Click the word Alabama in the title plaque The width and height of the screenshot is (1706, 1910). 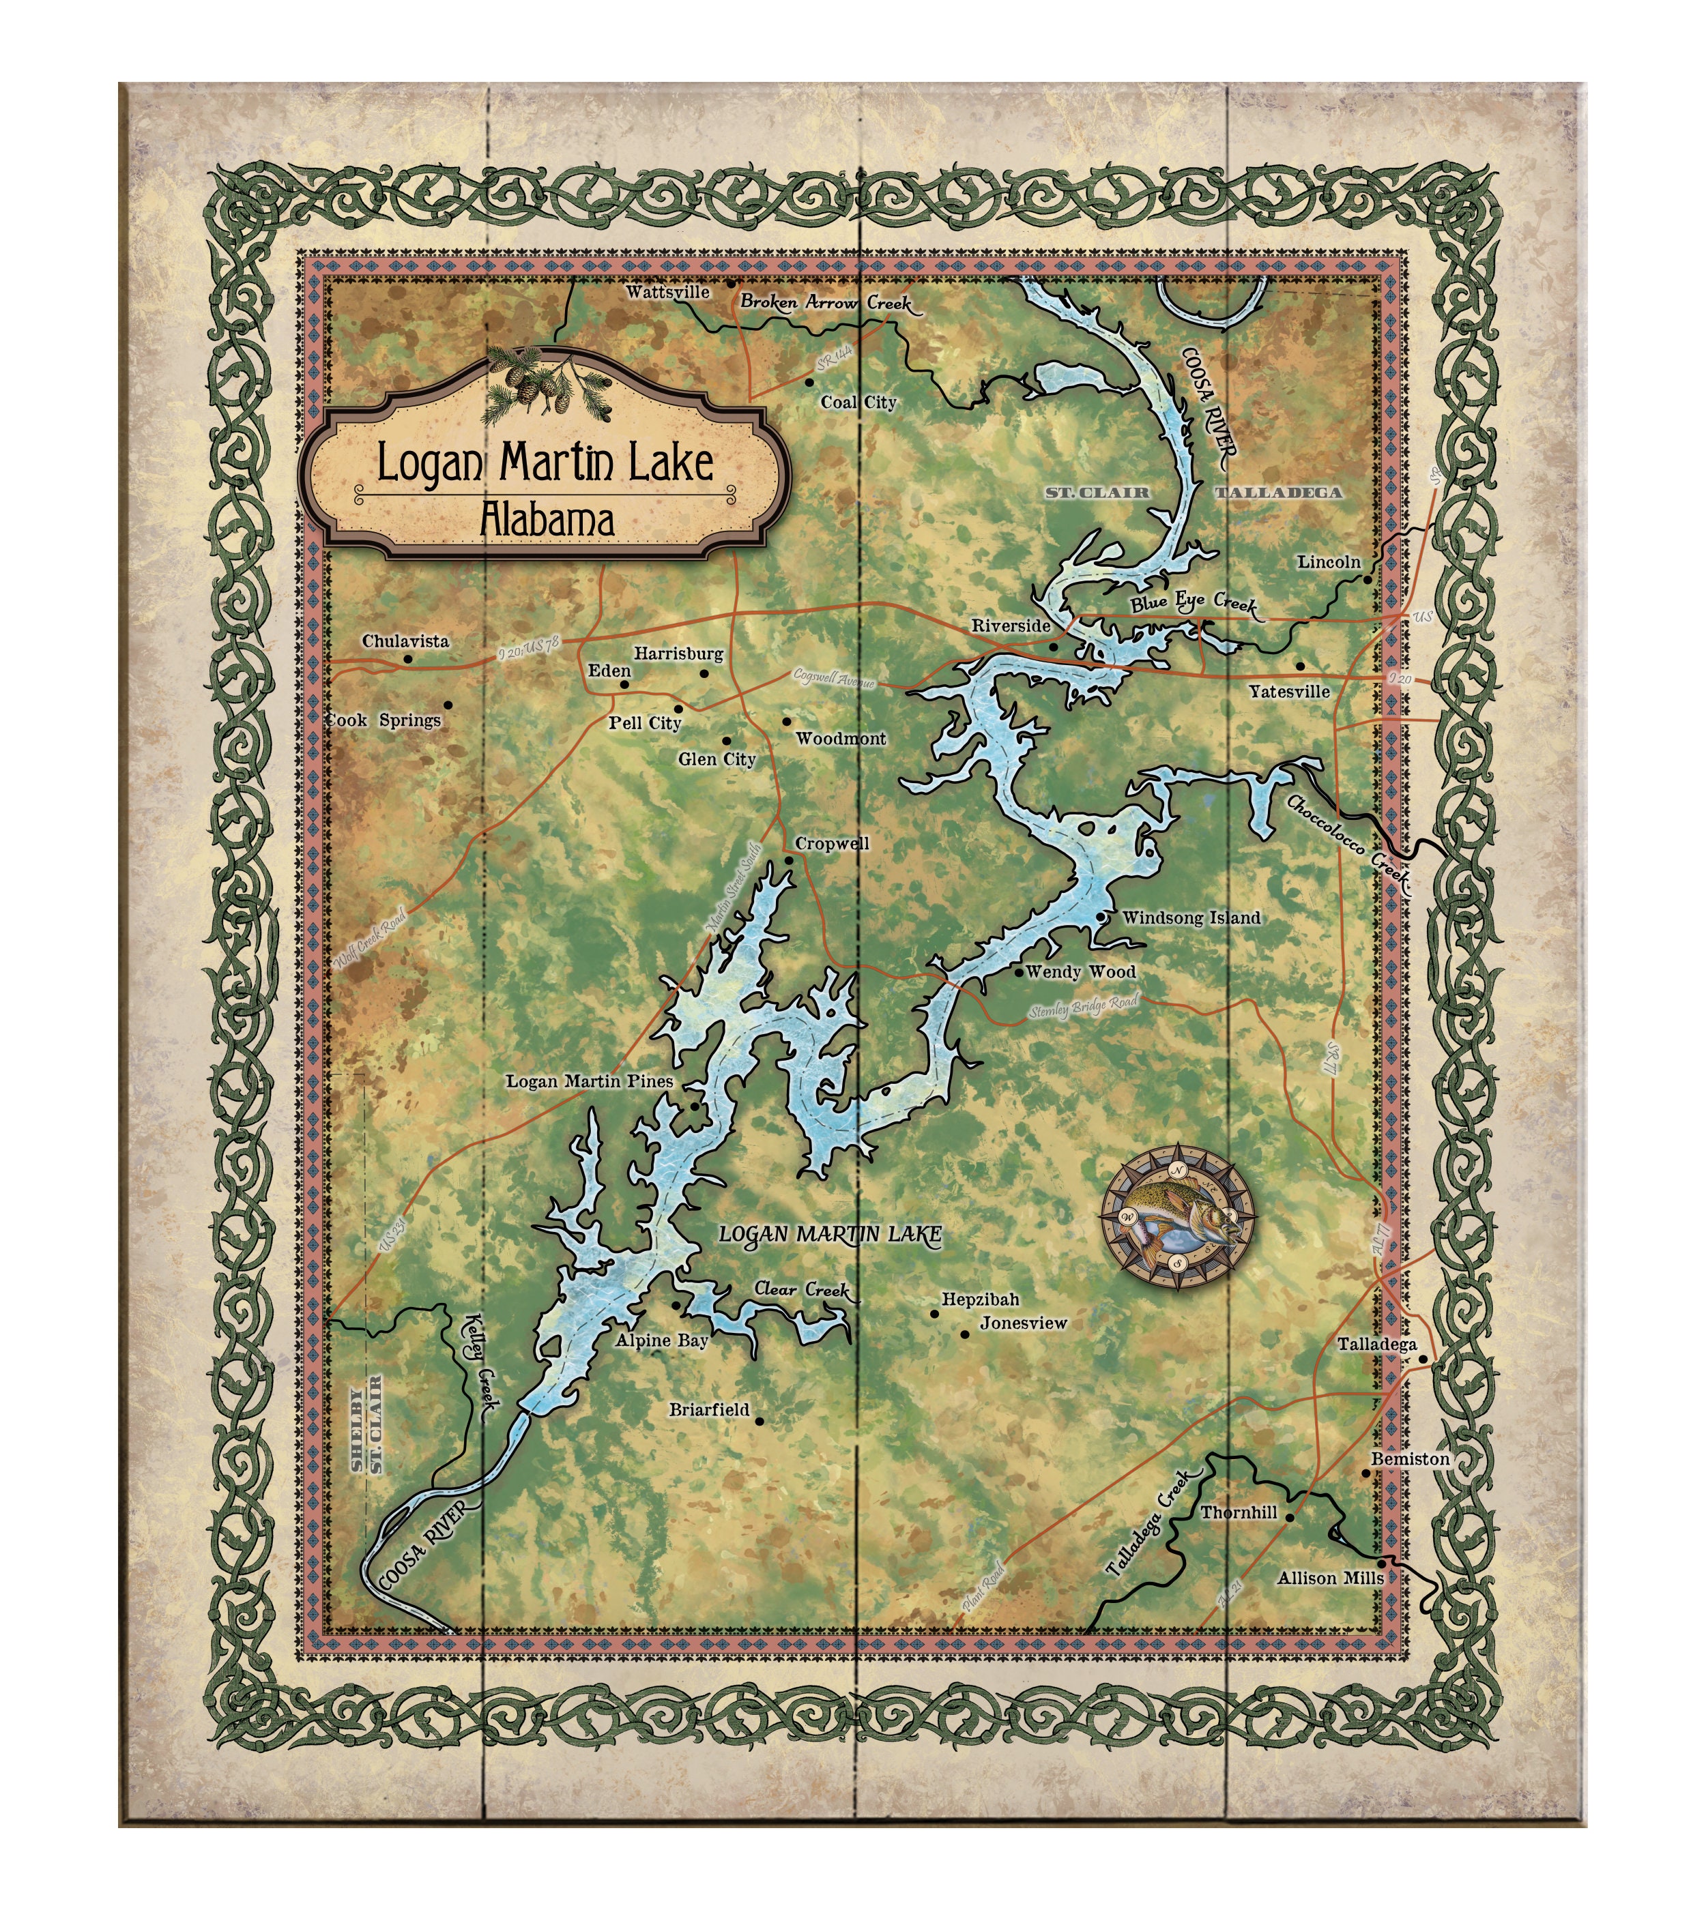pyautogui.click(x=547, y=520)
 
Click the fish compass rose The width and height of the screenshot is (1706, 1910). pyautogui.click(x=1179, y=1216)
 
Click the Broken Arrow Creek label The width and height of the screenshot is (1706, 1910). pyautogui.click(x=825, y=303)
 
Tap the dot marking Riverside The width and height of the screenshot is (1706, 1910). pyautogui.click(x=1053, y=647)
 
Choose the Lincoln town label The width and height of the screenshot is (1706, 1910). pyautogui.click(x=1328, y=562)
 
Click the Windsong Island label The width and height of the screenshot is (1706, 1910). pyautogui.click(x=1191, y=918)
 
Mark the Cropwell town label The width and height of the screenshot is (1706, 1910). pyautogui.click(x=831, y=844)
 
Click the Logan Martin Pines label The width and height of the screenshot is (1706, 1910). pyautogui.click(x=590, y=1081)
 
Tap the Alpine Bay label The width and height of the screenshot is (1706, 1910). pyautogui.click(x=662, y=1340)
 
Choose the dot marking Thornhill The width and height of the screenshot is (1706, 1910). pyautogui.click(x=1289, y=1516)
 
